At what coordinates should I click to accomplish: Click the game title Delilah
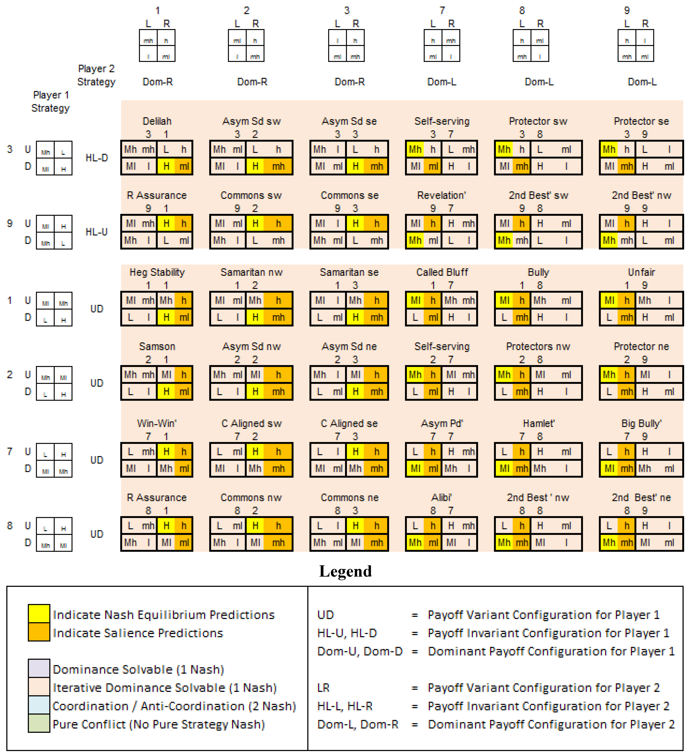point(157,121)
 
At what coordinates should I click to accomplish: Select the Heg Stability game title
point(157,272)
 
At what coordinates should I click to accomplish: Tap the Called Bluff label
point(442,272)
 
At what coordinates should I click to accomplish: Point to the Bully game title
point(538,272)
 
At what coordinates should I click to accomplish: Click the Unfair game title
point(641,272)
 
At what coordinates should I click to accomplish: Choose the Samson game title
point(157,346)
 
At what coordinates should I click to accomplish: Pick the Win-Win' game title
point(157,423)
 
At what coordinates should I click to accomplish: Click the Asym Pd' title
point(442,423)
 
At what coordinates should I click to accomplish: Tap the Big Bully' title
point(641,423)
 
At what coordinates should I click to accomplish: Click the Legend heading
point(345,571)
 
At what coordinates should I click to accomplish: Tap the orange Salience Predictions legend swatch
point(39,632)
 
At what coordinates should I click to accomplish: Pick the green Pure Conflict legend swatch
point(39,723)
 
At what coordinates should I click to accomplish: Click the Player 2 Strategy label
point(96,75)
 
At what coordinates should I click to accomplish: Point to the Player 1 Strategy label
point(51,101)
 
